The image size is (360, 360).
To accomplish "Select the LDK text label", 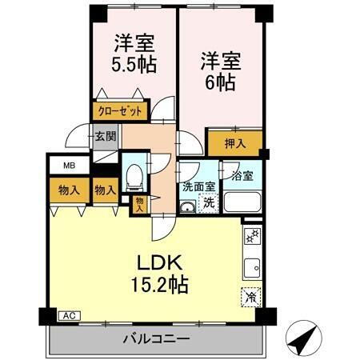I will (x=162, y=263).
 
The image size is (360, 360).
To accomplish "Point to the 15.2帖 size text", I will (x=162, y=285).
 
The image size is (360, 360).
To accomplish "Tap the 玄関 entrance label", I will (x=105, y=137).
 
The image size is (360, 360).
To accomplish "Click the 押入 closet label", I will (x=234, y=144).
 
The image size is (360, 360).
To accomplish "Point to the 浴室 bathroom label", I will (x=242, y=175).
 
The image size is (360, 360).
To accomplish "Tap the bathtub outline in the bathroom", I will (x=242, y=201).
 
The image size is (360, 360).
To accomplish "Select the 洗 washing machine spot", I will (x=208, y=203).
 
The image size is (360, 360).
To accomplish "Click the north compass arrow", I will (x=301, y=339).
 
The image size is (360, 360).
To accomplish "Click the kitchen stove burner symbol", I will (x=250, y=235).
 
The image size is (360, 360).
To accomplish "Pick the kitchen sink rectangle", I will (x=251, y=266).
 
